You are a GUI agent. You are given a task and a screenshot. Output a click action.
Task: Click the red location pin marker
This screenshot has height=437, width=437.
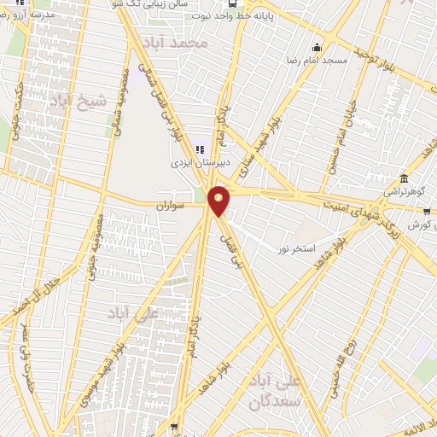[219, 201]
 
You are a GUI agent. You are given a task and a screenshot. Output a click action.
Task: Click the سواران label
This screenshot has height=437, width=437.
[171, 207]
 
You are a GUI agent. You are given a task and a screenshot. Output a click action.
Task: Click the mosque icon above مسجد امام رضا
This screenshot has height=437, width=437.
[318, 47]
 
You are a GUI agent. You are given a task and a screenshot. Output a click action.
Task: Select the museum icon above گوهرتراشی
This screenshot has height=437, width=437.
[403, 180]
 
